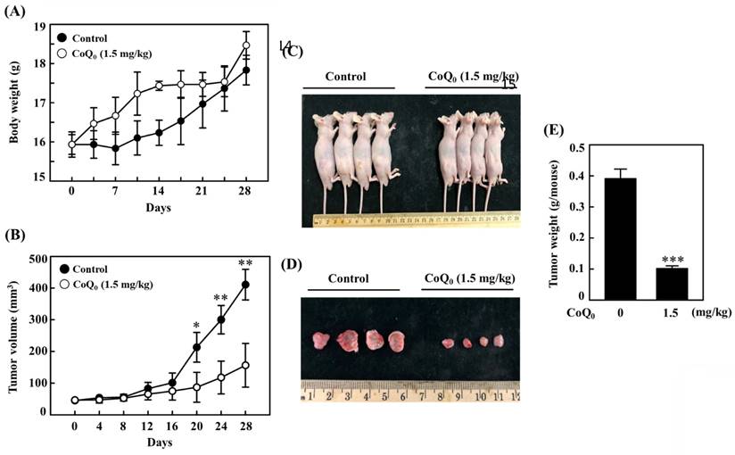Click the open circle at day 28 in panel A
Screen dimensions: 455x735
(246, 45)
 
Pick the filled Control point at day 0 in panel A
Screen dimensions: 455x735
(71, 143)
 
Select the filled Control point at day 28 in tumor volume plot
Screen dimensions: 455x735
(244, 285)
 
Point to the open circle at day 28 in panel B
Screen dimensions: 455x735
(244, 365)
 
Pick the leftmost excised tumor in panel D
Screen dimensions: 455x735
(320, 340)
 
